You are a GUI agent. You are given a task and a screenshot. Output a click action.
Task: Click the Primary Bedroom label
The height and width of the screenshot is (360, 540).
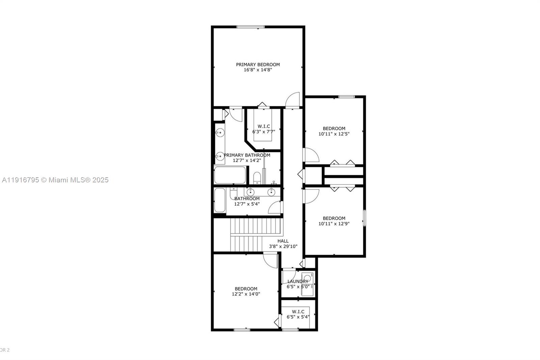coord(258,65)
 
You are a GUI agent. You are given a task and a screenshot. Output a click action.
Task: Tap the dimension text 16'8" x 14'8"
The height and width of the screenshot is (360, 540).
coord(258,70)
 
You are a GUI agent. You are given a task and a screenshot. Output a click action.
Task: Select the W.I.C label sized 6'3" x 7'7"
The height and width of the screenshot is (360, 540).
coord(264,126)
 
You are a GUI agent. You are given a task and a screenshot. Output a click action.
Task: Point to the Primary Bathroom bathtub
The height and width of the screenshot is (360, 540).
coord(230,175)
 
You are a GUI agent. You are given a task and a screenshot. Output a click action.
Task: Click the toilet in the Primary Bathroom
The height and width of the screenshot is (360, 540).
coord(257,178)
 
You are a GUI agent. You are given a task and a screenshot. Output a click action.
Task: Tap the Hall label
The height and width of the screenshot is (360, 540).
coord(283,241)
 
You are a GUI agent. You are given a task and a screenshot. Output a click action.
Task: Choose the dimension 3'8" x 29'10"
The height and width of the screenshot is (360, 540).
coord(283,247)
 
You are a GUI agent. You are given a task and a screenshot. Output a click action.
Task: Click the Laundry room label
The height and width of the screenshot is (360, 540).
coord(298,281)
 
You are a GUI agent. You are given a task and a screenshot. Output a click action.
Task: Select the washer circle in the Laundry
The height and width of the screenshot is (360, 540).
coord(307,278)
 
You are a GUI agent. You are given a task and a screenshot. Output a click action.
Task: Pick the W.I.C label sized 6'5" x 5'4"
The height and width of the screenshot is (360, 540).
coord(298,311)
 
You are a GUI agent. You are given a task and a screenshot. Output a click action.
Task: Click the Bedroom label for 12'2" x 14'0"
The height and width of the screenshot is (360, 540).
coord(246,289)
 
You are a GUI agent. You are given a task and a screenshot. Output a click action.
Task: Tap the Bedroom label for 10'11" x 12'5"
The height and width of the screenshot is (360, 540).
coord(334,128)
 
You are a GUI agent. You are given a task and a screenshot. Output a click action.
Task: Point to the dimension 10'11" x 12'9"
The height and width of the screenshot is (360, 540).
coord(334,224)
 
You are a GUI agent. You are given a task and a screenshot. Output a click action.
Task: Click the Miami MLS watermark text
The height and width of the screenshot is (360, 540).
coord(55,180)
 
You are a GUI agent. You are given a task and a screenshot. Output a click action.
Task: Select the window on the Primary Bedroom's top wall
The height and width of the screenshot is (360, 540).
coord(250,27)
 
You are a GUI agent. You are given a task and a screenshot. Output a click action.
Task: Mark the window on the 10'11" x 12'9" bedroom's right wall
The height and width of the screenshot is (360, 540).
coord(364,218)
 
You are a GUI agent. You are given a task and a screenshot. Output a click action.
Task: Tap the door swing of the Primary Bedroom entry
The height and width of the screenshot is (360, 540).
coord(293,100)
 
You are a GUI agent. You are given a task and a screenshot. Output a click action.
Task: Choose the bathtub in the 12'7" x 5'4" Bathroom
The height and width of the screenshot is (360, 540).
coord(220,200)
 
